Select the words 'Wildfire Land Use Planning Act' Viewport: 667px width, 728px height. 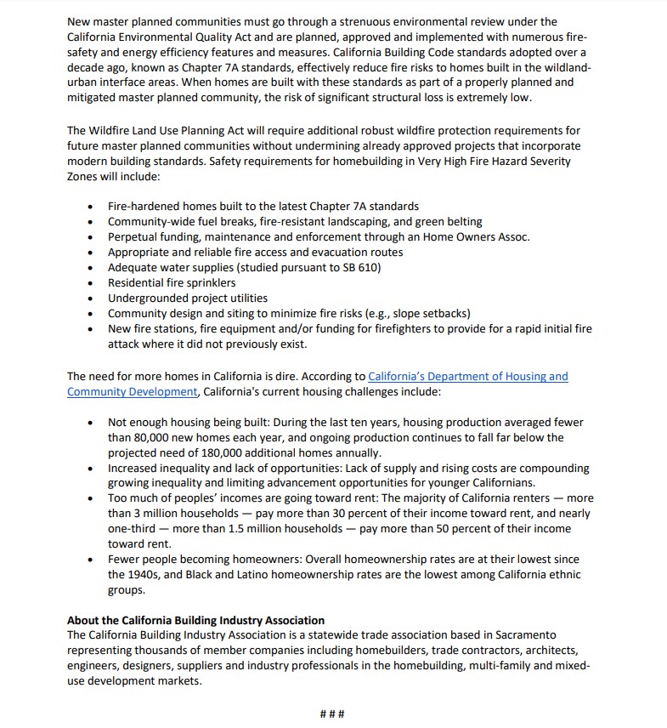click(x=181, y=130)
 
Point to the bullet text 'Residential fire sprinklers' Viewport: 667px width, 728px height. click(x=172, y=282)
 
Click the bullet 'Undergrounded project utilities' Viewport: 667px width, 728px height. click(x=187, y=298)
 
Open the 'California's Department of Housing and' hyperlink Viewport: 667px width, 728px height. click(x=468, y=376)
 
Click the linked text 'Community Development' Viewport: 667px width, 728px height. click(x=132, y=391)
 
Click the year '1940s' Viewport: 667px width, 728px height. click(x=127, y=575)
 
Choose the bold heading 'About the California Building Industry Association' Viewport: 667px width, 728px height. click(x=195, y=620)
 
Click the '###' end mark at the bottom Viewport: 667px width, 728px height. click(x=332, y=713)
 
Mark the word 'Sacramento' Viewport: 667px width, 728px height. click(x=524, y=635)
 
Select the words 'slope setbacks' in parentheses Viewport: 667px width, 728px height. click(x=428, y=313)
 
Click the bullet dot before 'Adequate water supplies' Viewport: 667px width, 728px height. click(x=91, y=268)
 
